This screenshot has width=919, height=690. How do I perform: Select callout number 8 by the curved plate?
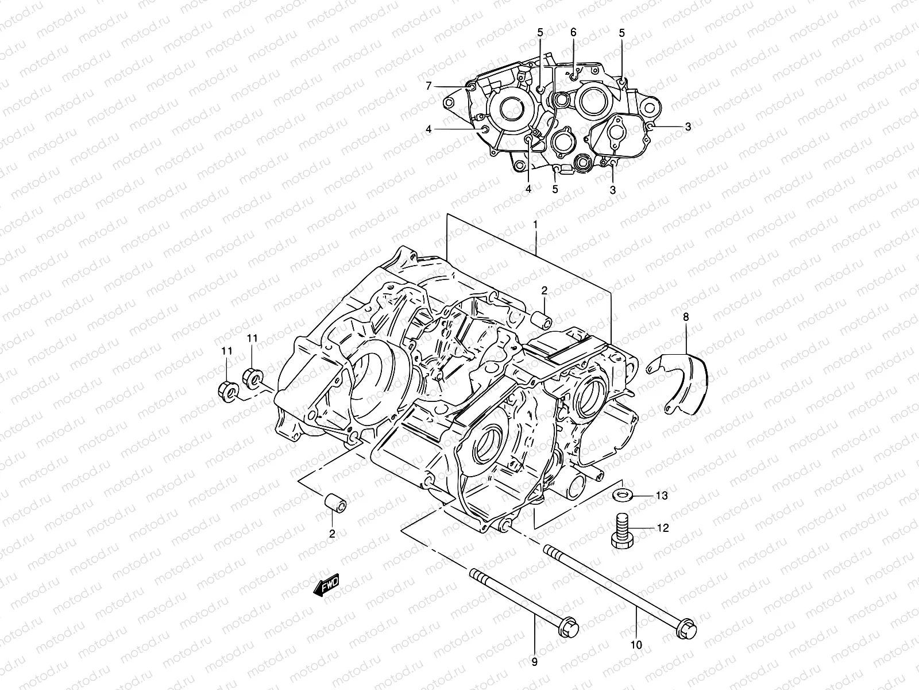[x=685, y=316]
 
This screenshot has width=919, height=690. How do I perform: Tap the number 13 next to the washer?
[x=662, y=495]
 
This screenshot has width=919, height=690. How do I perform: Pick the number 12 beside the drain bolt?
[x=662, y=528]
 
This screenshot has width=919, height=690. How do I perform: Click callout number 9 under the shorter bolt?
[x=535, y=662]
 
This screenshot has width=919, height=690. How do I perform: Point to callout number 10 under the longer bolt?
[x=636, y=645]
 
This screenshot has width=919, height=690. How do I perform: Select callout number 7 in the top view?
[x=428, y=86]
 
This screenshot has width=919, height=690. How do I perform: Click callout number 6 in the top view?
[x=573, y=33]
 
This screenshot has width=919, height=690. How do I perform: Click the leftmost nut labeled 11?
[x=227, y=391]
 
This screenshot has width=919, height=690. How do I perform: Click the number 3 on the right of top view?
[x=688, y=126]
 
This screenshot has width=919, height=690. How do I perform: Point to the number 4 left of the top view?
[x=428, y=129]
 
